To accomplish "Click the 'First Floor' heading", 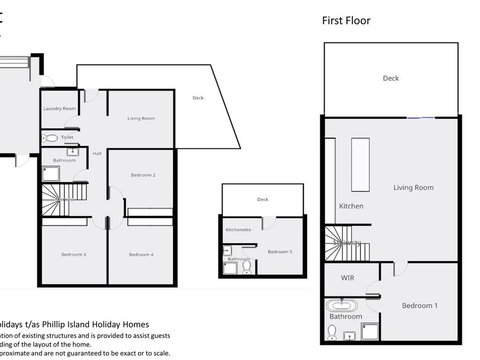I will pos(349,20).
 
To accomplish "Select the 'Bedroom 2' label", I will pos(142,175).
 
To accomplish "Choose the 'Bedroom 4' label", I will pos(141,254).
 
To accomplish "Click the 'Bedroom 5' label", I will pos(280,252).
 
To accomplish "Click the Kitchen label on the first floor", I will pos(351,206).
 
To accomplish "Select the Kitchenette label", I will pos(238,230).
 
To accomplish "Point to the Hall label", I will pos(98,153).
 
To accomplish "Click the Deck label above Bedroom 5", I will pos(262,199).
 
